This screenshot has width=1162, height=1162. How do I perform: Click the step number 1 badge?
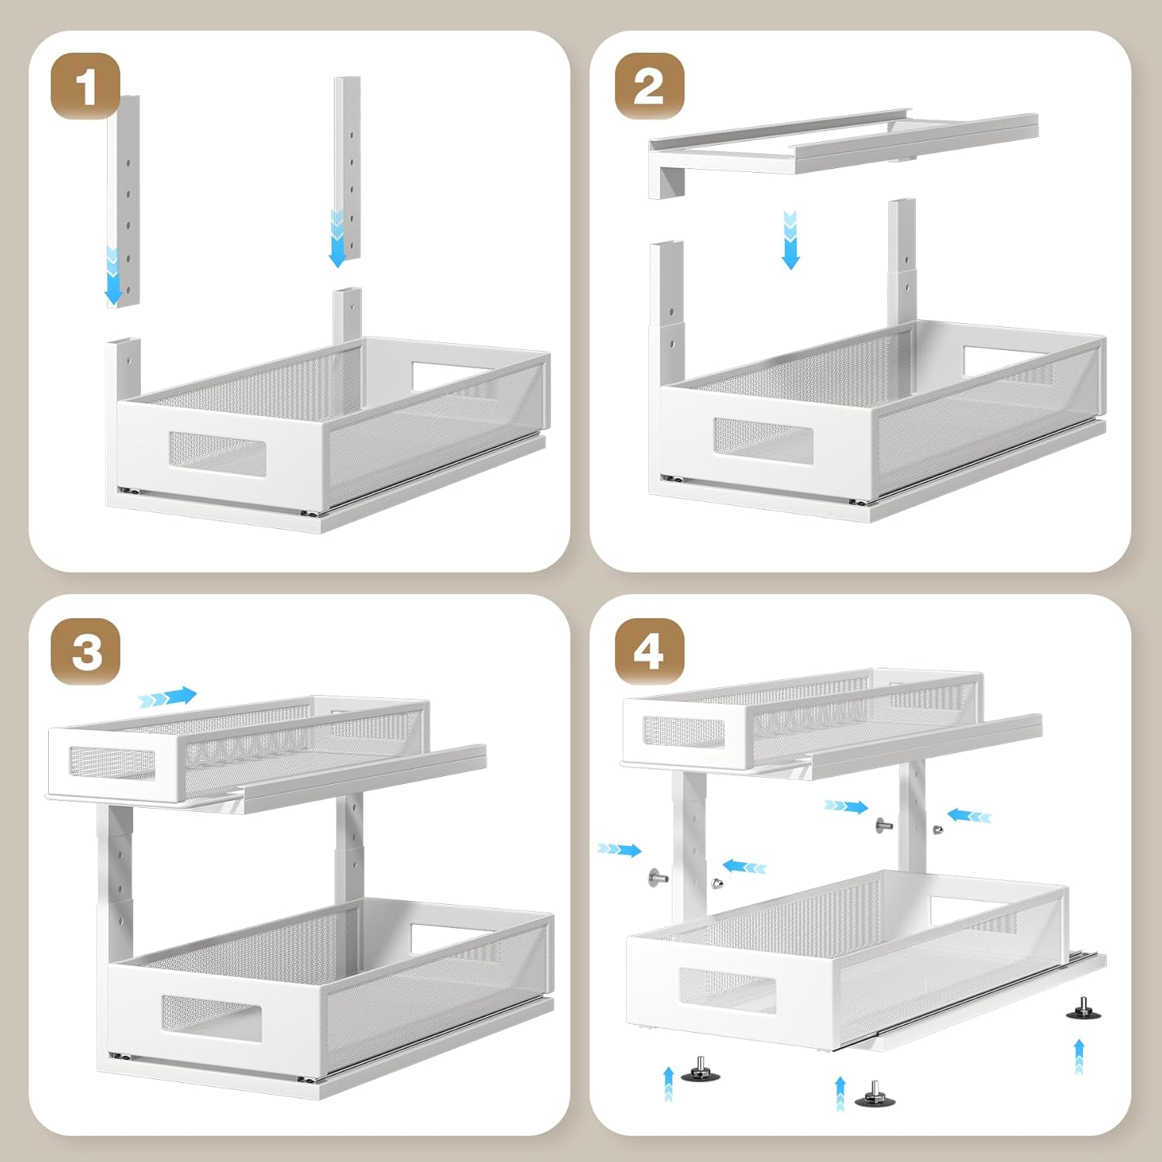(x=86, y=86)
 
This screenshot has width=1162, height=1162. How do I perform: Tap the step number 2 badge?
(x=649, y=86)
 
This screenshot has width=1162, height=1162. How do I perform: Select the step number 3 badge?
(x=86, y=651)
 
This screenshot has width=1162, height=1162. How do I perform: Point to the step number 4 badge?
(x=649, y=651)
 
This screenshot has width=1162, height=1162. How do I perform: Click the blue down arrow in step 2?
(x=790, y=239)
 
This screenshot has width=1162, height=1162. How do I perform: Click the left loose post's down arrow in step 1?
(x=113, y=276)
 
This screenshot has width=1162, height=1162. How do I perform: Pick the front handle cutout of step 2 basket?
(x=763, y=440)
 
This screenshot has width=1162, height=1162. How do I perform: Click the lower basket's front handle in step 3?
(x=211, y=1018)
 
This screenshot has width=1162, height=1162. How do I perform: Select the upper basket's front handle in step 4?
(x=685, y=731)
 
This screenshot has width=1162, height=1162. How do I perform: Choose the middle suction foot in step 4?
(x=875, y=1094)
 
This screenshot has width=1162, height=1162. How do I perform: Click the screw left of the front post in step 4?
(x=658, y=878)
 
